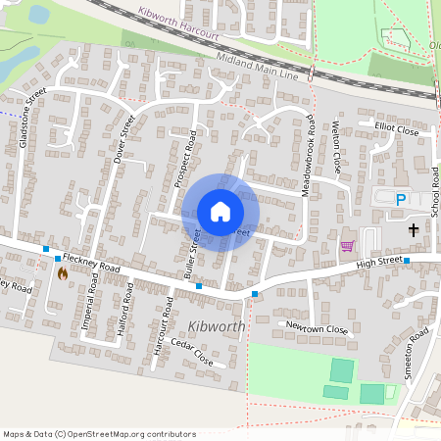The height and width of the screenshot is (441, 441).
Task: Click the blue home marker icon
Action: click(x=220, y=212)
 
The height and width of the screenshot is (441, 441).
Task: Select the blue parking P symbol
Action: click(x=400, y=200)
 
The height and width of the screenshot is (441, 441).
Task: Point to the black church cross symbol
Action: click(x=414, y=230)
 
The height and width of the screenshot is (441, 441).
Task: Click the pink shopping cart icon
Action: click(x=346, y=246)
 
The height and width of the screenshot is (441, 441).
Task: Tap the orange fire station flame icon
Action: click(x=64, y=273)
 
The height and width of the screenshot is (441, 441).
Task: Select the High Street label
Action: click(x=380, y=261)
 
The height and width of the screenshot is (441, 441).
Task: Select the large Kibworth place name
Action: click(x=214, y=324)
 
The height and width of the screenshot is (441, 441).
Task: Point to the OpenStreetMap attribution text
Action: click(x=99, y=434)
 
